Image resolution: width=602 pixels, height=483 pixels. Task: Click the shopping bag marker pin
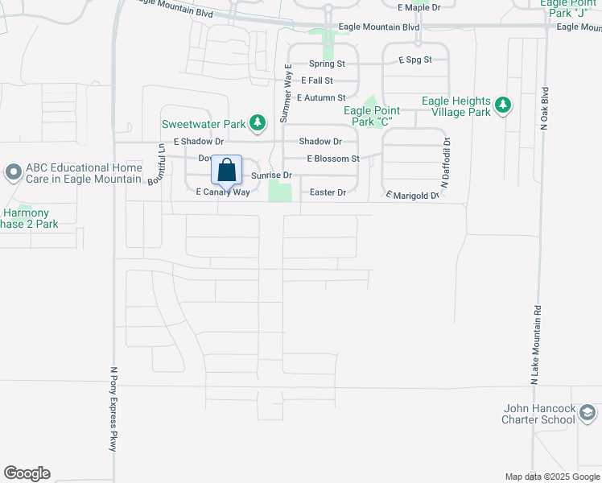pyautogui.click(x=227, y=171)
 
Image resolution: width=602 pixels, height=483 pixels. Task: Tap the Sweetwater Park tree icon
pyautogui.click(x=258, y=123)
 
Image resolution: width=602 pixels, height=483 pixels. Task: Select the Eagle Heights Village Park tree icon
pyautogui.click(x=503, y=105)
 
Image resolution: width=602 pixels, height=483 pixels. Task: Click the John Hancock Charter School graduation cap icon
pyautogui.click(x=588, y=413)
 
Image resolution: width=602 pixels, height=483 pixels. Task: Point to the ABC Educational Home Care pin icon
pyautogui.click(x=13, y=172)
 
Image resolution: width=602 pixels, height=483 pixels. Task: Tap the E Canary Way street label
pyautogui.click(x=223, y=192)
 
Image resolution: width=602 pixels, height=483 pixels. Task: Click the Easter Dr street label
pyautogui.click(x=328, y=192)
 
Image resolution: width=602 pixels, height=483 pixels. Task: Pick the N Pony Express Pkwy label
pyautogui.click(x=113, y=407)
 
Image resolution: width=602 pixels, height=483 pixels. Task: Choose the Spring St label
pyautogui.click(x=327, y=63)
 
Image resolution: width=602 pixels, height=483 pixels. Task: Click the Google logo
pyautogui.click(x=27, y=473)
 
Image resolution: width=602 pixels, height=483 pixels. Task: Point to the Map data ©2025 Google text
pyautogui.click(x=552, y=477)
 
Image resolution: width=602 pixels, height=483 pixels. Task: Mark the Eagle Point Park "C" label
pyautogui.click(x=368, y=116)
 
